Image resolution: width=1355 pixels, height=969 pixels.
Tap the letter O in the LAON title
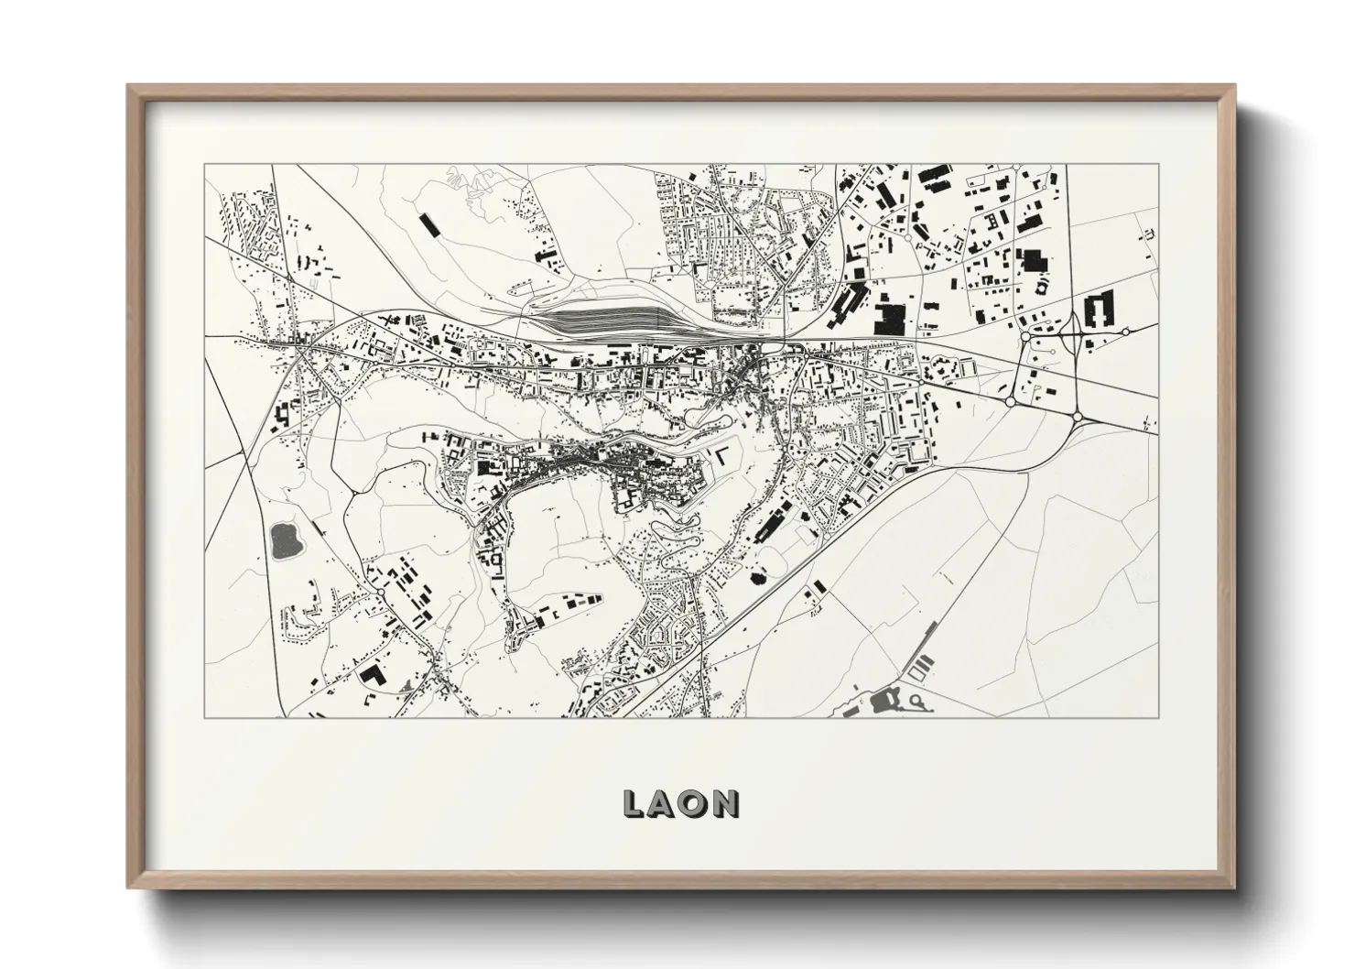pos(695,804)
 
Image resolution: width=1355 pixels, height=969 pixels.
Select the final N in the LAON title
pos(727,804)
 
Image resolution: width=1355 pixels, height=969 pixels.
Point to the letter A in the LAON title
pos(664,804)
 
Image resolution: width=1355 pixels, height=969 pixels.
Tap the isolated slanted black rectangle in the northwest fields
pos(428,225)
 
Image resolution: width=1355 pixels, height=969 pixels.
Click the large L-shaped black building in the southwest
pos(373,678)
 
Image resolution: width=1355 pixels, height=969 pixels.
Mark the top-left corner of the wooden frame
pos(130,87)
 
